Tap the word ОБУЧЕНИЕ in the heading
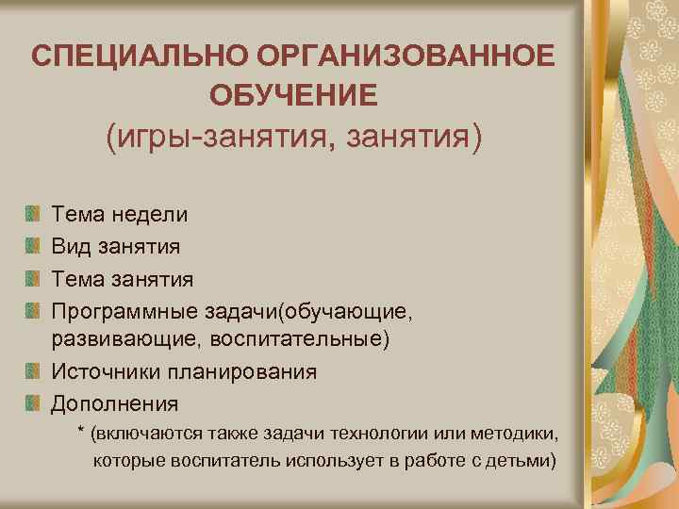(292, 95)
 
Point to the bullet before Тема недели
(33, 213)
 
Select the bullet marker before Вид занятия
(33, 246)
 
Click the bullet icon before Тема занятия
(33, 279)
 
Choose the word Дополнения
(114, 404)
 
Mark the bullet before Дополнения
(33, 404)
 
